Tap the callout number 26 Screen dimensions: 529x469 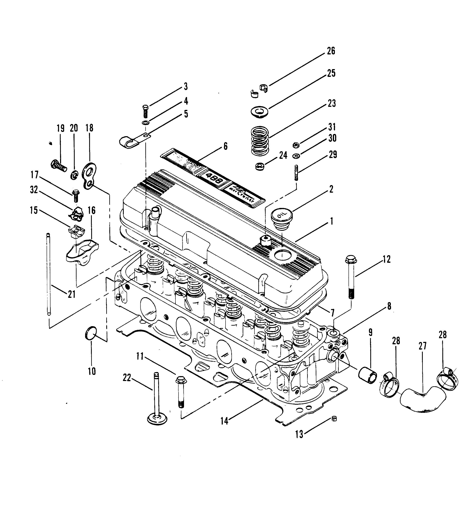click(331, 51)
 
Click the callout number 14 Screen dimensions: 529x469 click(224, 421)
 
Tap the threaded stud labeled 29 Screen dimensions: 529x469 click(296, 173)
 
